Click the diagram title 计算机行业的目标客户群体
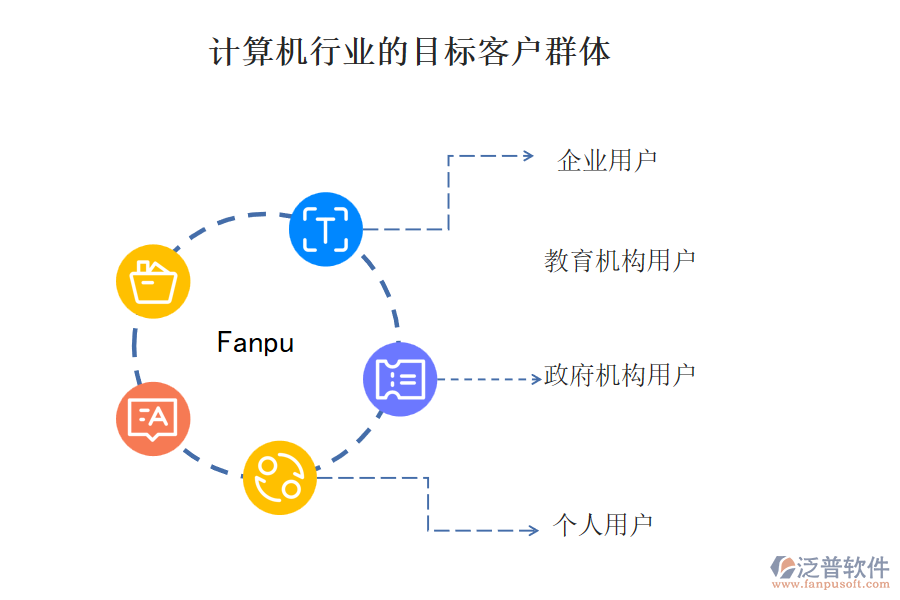[410, 52]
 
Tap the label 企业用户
[607, 160]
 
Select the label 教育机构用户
[620, 261]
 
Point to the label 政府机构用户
[620, 376]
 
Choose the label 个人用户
[603, 525]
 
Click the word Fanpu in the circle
[255, 343]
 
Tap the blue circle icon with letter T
[325, 229]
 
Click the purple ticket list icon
[400, 379]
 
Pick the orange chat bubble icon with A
[152, 418]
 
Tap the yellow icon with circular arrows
[279, 477]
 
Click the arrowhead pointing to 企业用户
[529, 156]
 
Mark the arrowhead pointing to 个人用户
[533, 530]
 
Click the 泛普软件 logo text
[843, 567]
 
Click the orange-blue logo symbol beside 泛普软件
[781, 569]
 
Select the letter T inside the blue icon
[325, 230]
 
